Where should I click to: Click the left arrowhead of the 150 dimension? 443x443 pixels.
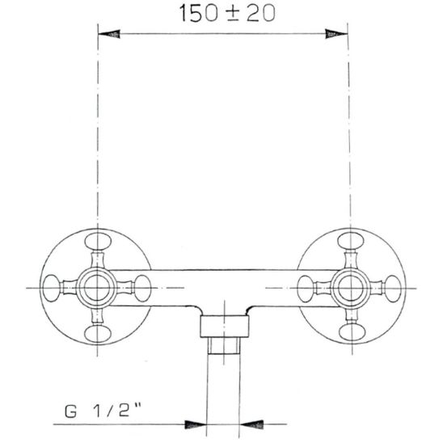coord(111,34)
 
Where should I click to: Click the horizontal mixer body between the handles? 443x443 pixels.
coord(222,287)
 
